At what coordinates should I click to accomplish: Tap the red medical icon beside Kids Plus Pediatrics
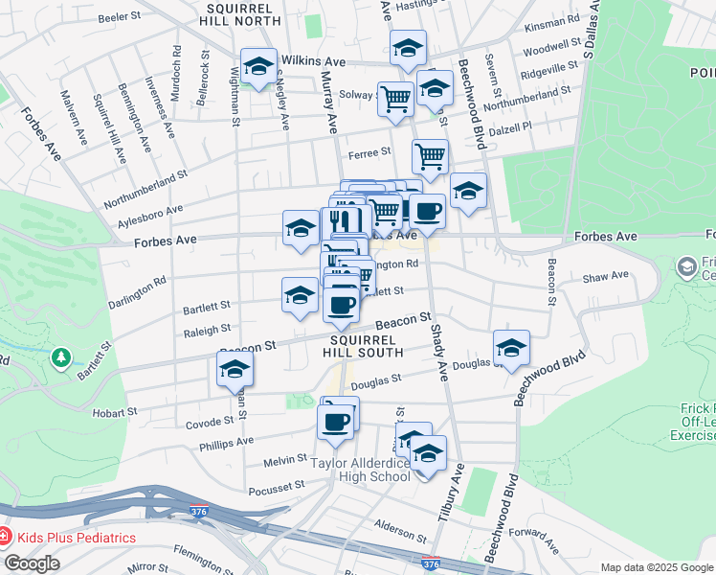tap(6, 538)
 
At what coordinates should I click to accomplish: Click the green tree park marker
tap(62, 356)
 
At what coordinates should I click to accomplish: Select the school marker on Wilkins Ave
tap(257, 67)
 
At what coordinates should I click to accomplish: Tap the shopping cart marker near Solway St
tap(394, 98)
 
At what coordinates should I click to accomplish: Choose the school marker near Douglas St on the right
tap(511, 349)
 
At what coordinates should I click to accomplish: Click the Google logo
tap(32, 563)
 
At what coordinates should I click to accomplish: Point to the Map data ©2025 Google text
tap(657, 567)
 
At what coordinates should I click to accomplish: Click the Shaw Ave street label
tap(606, 276)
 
